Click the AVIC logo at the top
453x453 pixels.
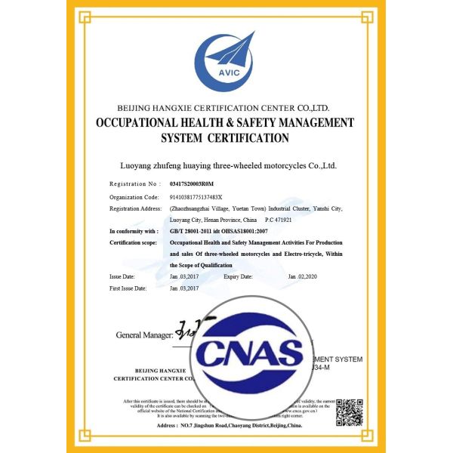[x=227, y=56]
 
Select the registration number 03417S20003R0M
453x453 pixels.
[x=192, y=183]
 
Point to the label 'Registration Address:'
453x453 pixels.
[x=136, y=208]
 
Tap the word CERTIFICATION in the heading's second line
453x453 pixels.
[x=251, y=138]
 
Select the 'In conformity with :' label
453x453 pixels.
[x=134, y=231]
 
